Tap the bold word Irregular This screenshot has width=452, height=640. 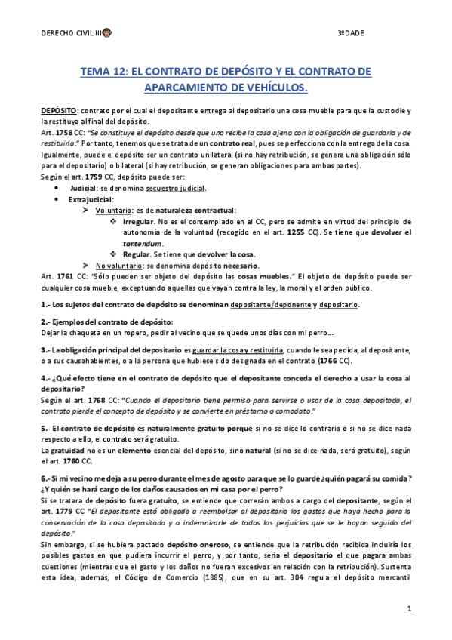point(137,223)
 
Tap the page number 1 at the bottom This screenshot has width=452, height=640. point(408,608)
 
